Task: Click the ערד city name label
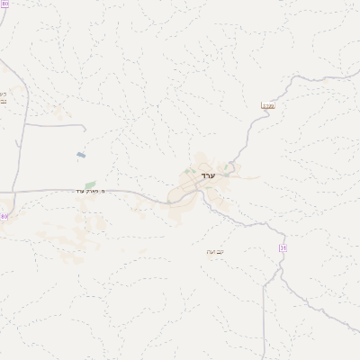[208, 177]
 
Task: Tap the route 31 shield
[283, 247]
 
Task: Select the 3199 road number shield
[267, 105]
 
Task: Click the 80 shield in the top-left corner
[4, 4]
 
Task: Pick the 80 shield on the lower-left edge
[4, 217]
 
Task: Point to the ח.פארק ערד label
[91, 191]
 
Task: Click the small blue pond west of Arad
[81, 155]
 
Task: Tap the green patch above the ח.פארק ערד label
[90, 184]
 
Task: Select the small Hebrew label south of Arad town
[214, 251]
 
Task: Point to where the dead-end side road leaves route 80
[21, 125]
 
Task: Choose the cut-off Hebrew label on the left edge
[3, 97]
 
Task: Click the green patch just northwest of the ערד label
[188, 170]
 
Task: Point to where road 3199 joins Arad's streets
[231, 164]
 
